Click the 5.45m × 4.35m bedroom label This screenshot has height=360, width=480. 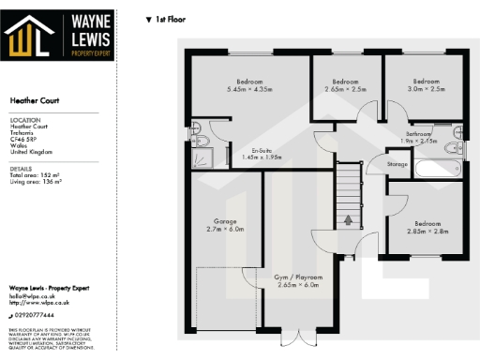tap(248, 84)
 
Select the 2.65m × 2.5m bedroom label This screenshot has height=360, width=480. tap(346, 84)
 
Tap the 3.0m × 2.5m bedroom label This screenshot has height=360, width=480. tap(427, 84)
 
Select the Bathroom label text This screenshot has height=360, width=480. tap(419, 137)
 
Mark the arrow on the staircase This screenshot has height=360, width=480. tap(348, 220)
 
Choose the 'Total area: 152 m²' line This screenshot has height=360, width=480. tap(35, 175)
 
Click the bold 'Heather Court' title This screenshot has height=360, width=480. tap(34, 98)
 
